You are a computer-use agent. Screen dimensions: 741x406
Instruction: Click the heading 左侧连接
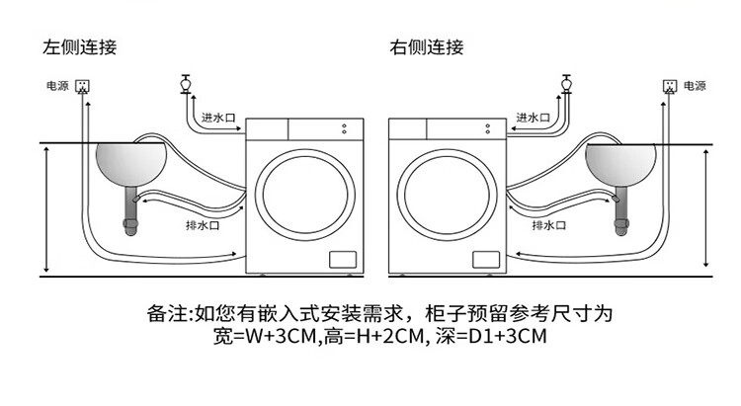coord(79,47)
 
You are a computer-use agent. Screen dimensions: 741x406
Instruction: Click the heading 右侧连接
coord(426,47)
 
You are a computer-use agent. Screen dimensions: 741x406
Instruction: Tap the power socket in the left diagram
coord(83,86)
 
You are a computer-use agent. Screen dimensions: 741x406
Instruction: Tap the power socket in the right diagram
coord(670,86)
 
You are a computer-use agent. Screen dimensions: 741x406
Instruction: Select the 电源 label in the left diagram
coord(57,86)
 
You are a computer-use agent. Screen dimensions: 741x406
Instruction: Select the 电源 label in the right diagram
coord(695,86)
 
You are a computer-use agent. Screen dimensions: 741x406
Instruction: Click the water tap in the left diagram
coord(186,84)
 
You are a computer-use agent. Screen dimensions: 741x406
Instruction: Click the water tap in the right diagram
coord(566,84)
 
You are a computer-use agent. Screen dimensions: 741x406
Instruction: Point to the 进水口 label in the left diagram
coord(218,118)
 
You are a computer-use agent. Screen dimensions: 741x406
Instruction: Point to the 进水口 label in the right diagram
coord(533,118)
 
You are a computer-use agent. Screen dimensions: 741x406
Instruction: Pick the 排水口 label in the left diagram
coord(203,225)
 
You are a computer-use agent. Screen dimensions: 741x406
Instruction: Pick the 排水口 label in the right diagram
coord(548,225)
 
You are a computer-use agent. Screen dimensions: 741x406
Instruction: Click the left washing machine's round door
coord(305,151)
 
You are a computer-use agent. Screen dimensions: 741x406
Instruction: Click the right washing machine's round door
coord(447,151)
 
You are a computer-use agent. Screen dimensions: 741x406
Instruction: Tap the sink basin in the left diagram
coord(130,164)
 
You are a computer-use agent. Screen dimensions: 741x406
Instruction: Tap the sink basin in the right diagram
coord(620,164)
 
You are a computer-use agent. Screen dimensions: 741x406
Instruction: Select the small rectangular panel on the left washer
coord(343,260)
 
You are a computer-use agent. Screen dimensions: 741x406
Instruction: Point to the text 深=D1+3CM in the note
coord(491,337)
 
